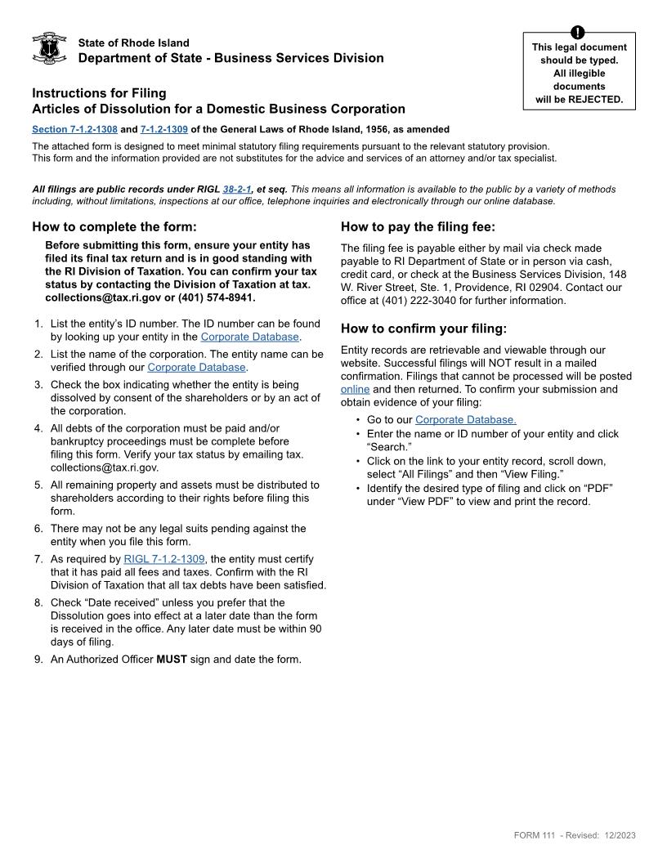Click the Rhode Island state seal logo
click(x=48, y=49)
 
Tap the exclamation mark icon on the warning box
click(x=579, y=33)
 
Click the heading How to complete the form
click(x=114, y=227)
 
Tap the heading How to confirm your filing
click(x=423, y=329)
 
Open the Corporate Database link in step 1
click(x=249, y=337)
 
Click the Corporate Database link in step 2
click(x=196, y=367)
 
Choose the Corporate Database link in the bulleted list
click(x=465, y=419)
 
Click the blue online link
click(x=355, y=389)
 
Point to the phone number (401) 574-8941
click(x=216, y=297)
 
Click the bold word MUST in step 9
click(x=172, y=659)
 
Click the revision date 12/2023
click(x=620, y=835)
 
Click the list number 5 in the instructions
click(x=38, y=485)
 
